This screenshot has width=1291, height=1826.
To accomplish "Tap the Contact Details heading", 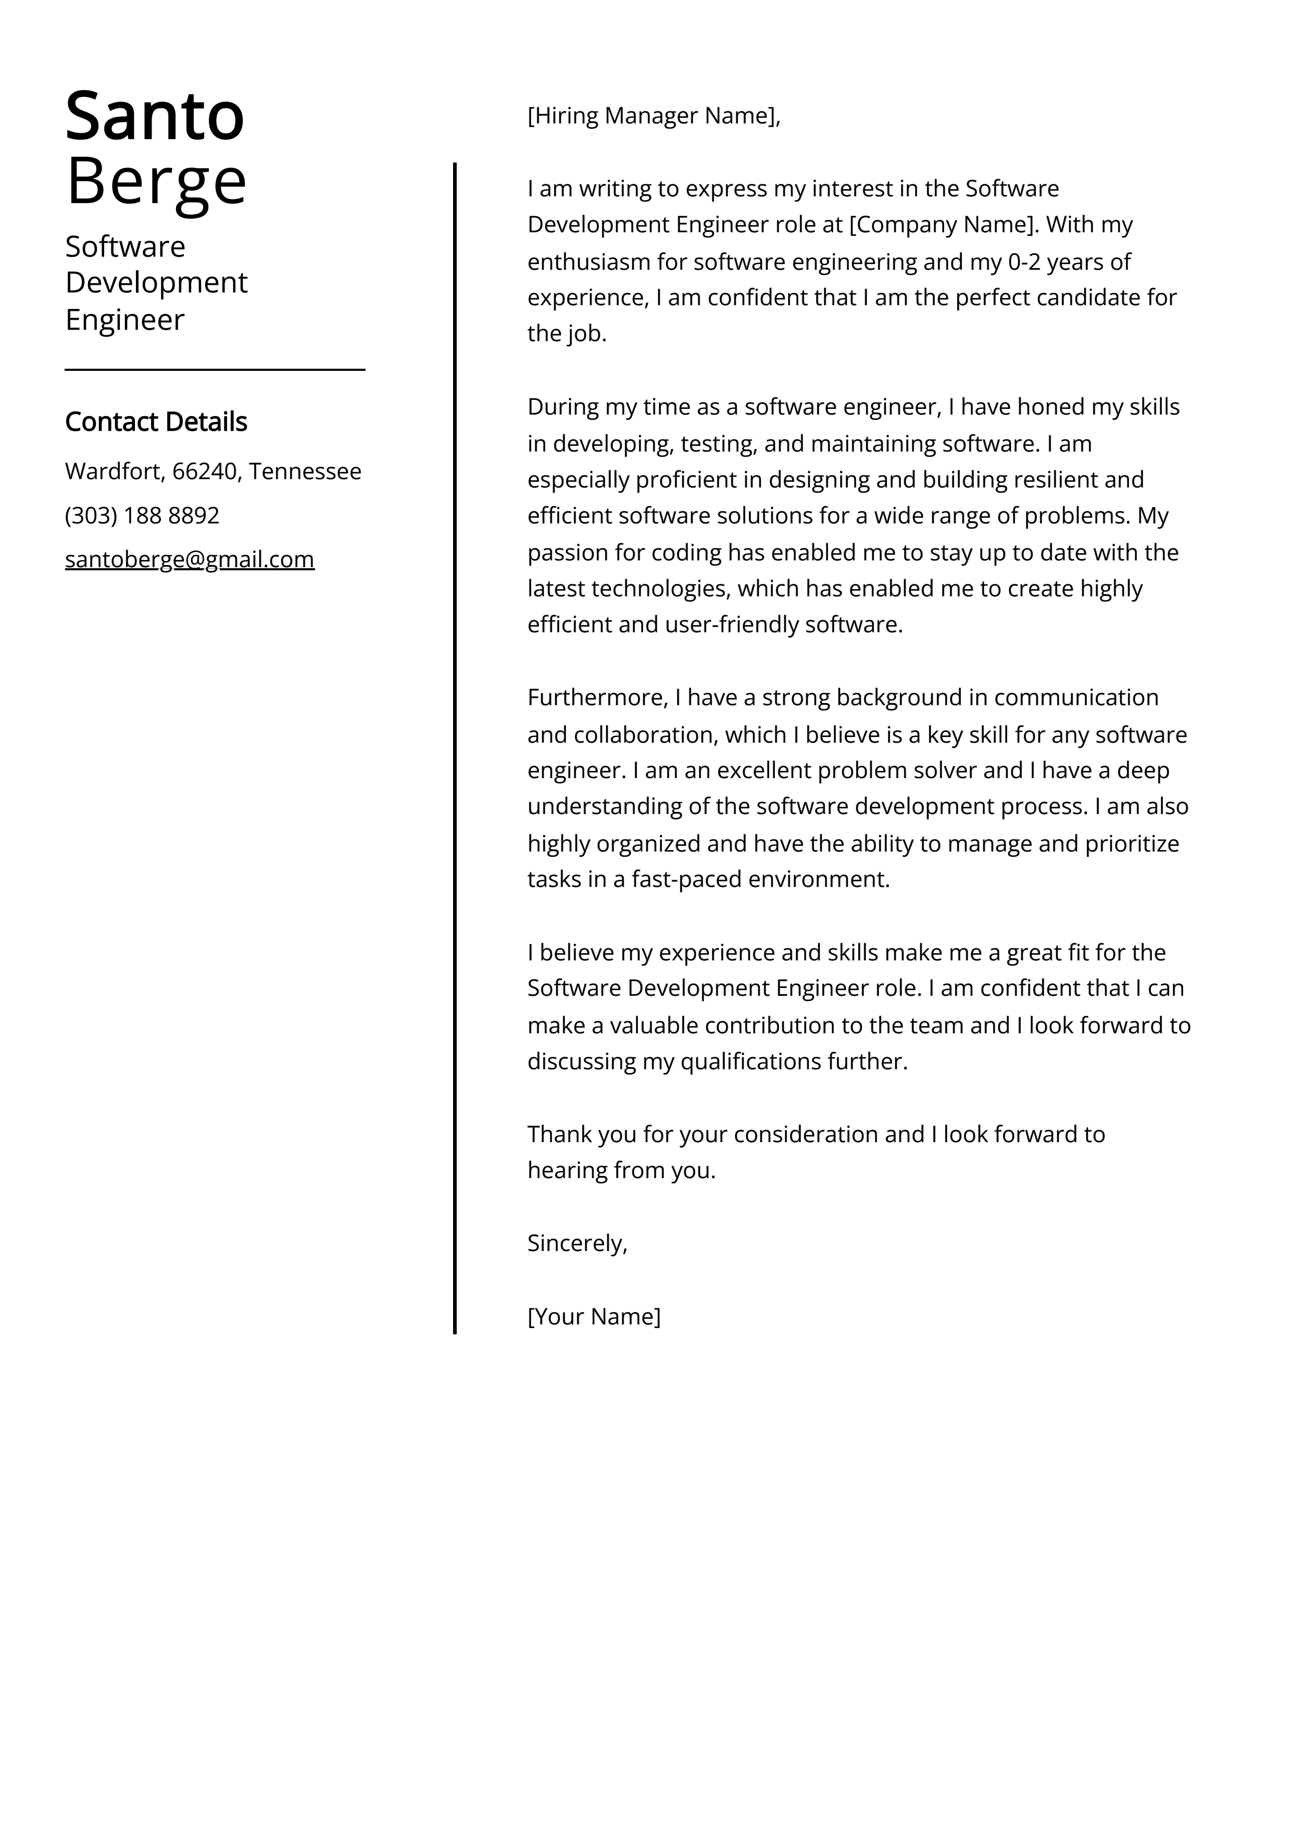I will pyautogui.click(x=156, y=421).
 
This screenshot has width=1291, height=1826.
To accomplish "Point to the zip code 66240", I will pyautogui.click(x=205, y=472).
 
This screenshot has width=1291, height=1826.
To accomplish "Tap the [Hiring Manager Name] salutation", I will pyautogui.click(x=652, y=116).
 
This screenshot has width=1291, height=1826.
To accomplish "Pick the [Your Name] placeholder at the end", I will pyautogui.click(x=593, y=1316).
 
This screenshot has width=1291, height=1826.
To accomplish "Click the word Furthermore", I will pyautogui.click(x=597, y=697).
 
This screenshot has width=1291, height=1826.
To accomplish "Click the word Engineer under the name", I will pyautogui.click(x=125, y=320).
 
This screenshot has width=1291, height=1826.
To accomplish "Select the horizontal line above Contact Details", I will pyautogui.click(x=215, y=369).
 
